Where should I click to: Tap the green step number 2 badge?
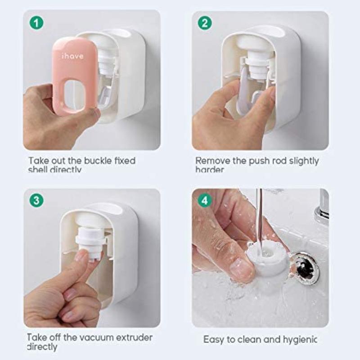205,23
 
